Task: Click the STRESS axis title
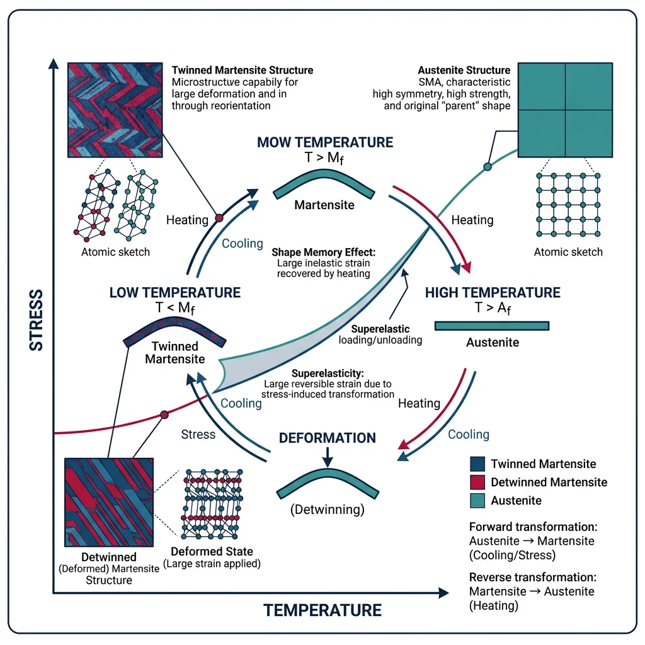[37, 320]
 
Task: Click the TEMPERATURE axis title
[322, 610]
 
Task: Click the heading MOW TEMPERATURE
[325, 142]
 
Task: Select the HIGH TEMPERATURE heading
[493, 293]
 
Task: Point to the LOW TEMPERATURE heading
[175, 293]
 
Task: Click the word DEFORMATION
[328, 438]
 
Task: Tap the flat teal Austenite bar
[492, 326]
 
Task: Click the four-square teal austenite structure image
[566, 110]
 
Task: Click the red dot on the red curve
[164, 414]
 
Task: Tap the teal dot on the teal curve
[487, 167]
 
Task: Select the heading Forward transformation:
[532, 527]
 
